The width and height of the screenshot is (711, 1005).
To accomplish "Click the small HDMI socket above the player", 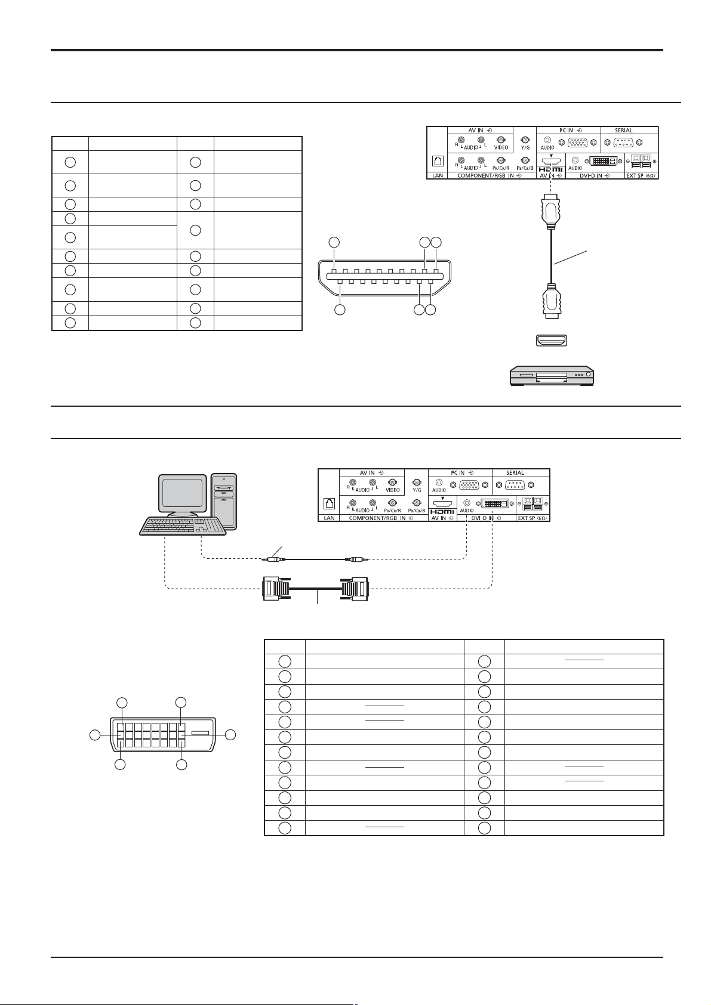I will pyautogui.click(x=550, y=341).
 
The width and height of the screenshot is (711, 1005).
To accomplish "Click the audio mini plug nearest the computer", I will pyautogui.click(x=273, y=559).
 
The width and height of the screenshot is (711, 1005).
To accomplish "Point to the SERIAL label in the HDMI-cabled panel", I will pyautogui.click(x=623, y=130).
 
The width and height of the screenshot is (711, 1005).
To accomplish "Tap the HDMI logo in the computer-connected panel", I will pyautogui.click(x=442, y=512).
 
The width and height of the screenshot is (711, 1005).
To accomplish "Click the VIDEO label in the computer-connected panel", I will pyautogui.click(x=393, y=490).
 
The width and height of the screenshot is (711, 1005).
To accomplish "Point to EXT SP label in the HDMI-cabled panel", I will pyautogui.click(x=640, y=176).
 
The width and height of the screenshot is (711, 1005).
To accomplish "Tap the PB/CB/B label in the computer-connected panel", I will pyautogui.click(x=416, y=511).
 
